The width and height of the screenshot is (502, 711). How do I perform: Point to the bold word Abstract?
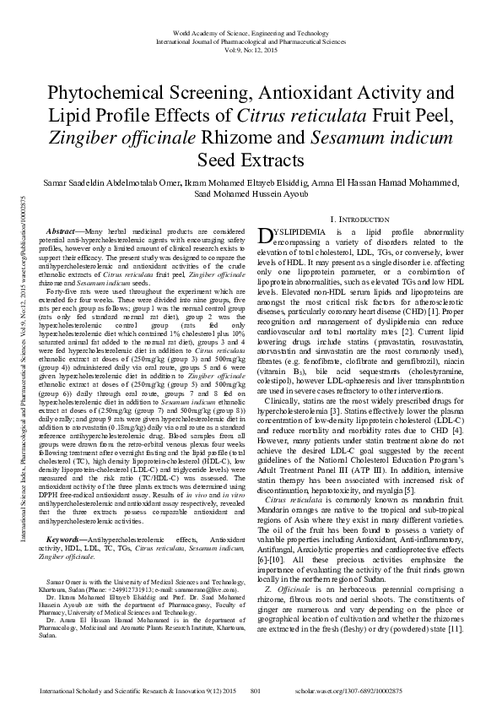tap(60, 231)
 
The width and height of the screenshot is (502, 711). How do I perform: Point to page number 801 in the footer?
tap(254, 692)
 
